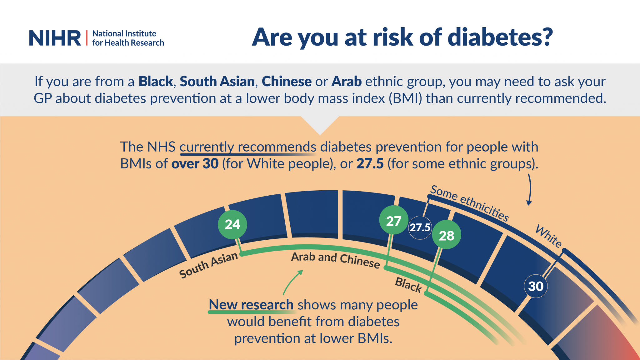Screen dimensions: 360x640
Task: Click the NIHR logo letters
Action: coord(55,38)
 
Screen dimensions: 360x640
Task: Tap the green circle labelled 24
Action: coord(232,224)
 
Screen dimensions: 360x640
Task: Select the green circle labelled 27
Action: coord(394,221)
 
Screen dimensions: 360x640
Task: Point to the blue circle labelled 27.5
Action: coord(420,227)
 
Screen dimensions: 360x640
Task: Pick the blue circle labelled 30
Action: coord(536,286)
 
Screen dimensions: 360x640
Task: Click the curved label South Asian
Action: coord(208,265)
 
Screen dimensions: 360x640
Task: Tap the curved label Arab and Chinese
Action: coord(335,259)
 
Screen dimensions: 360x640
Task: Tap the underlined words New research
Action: coord(251,305)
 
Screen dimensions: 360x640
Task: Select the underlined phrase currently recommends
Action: coord(248,147)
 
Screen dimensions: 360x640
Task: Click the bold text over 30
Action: coord(195,164)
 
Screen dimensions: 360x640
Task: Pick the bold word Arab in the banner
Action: coord(347,82)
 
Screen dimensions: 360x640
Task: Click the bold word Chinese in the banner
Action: coord(287,82)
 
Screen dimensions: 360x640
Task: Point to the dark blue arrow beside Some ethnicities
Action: coord(529,189)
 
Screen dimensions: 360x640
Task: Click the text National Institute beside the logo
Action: coord(124,33)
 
